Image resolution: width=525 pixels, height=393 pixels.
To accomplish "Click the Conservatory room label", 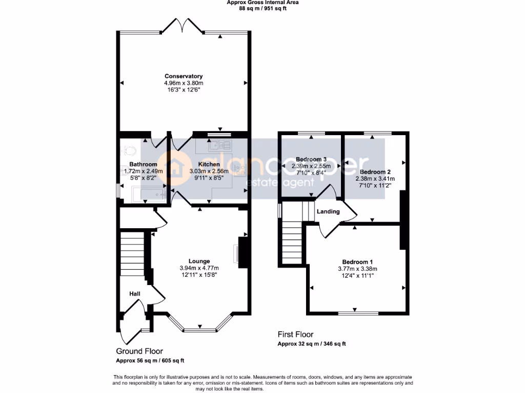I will pyautogui.click(x=183, y=76).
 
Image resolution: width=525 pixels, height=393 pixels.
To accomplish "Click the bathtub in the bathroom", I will pyautogui.click(x=148, y=194).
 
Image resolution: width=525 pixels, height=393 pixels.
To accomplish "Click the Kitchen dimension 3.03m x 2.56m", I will pyautogui.click(x=212, y=171).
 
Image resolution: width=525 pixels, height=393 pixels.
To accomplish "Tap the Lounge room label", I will pyautogui.click(x=199, y=261).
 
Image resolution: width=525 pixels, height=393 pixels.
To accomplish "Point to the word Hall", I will pyautogui.click(x=134, y=294).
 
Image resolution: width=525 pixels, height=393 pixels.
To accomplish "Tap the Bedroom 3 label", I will pyautogui.click(x=311, y=159).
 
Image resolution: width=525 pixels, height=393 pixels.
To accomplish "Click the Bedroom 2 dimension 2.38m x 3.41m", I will pyautogui.click(x=375, y=179).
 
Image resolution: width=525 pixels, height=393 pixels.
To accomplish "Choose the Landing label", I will pyautogui.click(x=328, y=211).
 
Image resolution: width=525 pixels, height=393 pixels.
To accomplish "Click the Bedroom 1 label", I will pyautogui.click(x=357, y=262).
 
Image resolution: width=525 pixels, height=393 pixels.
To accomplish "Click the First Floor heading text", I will pyautogui.click(x=295, y=335).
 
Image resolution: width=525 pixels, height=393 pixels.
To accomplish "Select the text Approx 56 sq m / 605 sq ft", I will pyautogui.click(x=150, y=360).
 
